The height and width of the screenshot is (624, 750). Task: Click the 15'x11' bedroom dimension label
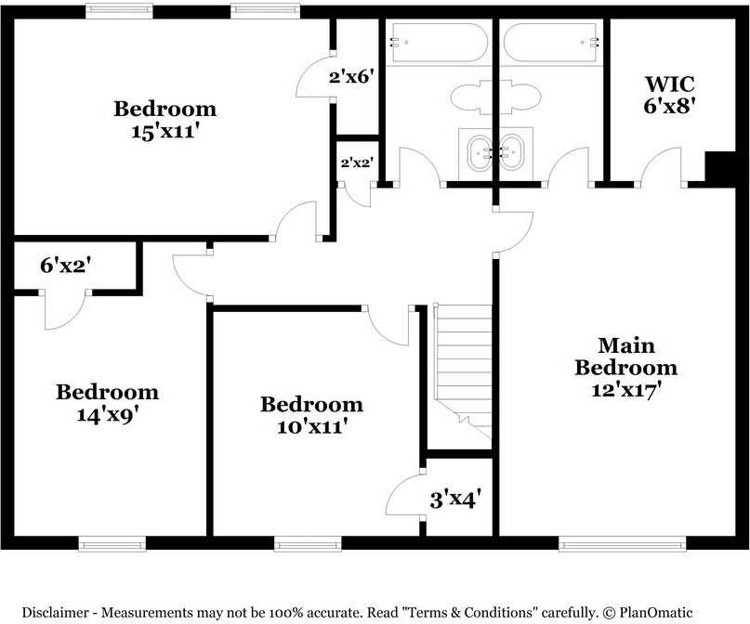point(165,132)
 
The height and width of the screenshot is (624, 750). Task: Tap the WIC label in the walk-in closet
point(670,84)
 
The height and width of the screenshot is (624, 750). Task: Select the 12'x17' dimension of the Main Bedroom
point(626,390)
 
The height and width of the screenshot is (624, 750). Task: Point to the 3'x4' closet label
point(454,500)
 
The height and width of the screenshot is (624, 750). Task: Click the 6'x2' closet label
point(66,266)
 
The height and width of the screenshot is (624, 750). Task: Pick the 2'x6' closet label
point(351,76)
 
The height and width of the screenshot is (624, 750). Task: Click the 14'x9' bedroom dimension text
point(111,414)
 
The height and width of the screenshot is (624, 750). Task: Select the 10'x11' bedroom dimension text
point(312,426)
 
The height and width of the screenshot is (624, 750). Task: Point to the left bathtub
point(438,42)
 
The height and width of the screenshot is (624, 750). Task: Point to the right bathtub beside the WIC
point(551,42)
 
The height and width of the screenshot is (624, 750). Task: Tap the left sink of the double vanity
point(480,152)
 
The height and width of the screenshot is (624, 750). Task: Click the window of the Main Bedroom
point(623,544)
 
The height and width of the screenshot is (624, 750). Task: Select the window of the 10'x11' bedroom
point(308,544)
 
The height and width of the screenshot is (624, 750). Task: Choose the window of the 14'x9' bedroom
point(112,544)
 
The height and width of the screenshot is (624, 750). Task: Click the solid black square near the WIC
point(720,169)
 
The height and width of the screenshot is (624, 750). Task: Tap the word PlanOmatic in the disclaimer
point(655,612)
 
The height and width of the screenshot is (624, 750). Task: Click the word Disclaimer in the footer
point(56,612)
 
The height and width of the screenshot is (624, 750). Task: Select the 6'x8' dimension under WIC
point(670,106)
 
